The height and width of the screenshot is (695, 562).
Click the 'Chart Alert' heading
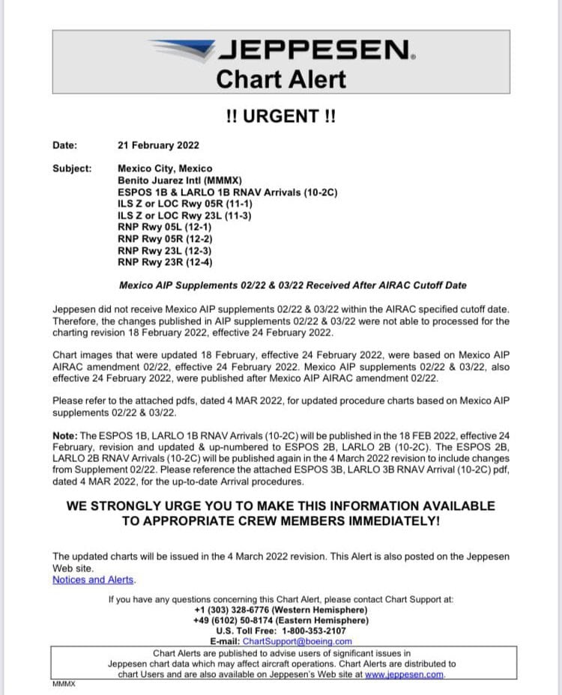(281, 79)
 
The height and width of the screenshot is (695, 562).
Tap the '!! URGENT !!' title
(281, 117)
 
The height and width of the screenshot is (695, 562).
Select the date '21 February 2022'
(158, 145)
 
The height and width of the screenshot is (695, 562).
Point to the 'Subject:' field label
(72, 169)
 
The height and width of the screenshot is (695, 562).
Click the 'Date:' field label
(65, 145)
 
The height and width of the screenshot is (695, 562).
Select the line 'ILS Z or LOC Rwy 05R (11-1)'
(185, 204)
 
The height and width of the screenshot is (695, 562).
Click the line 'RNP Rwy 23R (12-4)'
(165, 263)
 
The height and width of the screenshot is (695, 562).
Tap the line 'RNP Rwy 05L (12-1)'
(165, 227)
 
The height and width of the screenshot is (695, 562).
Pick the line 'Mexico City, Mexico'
(165, 169)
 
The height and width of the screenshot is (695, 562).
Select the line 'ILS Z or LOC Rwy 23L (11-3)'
(185, 216)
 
